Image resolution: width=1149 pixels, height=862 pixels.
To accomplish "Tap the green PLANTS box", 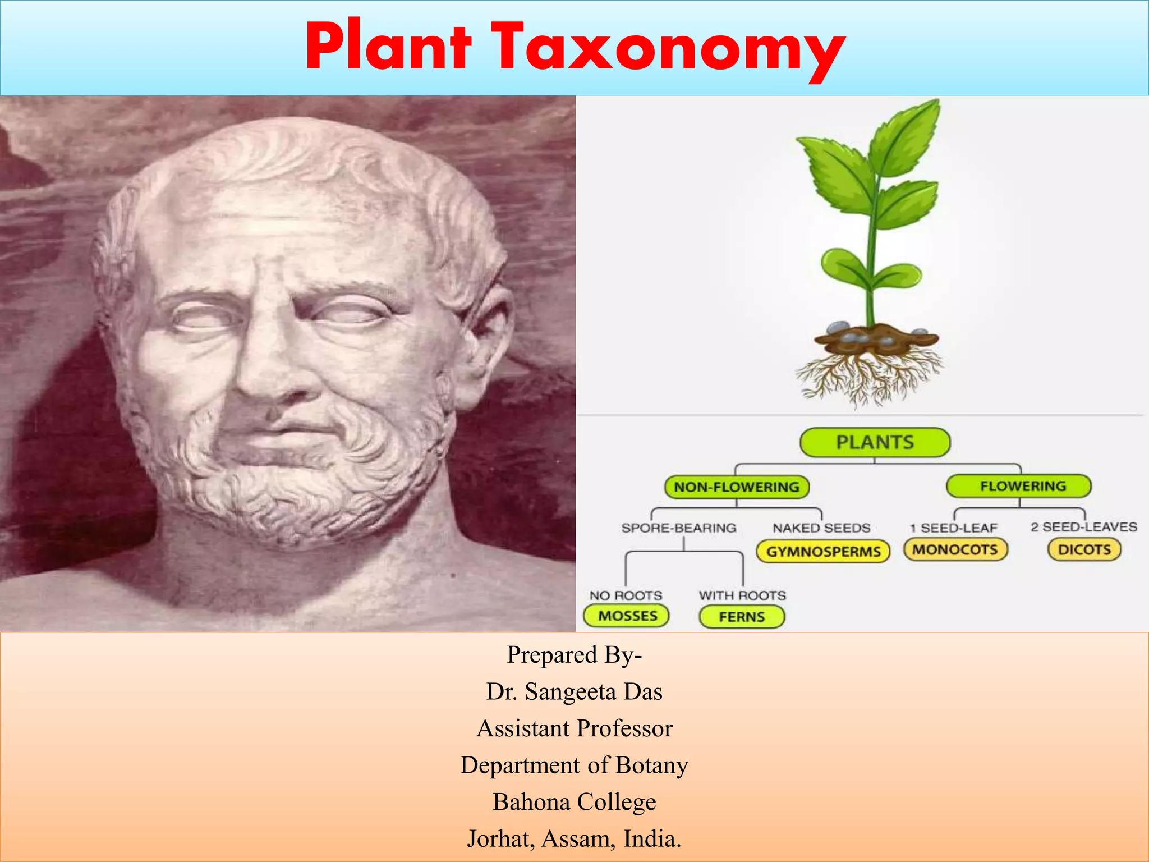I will click(875, 442).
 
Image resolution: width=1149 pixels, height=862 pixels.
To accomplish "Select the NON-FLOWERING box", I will click(736, 487).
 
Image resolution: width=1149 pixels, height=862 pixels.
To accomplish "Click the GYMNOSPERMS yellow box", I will click(823, 552).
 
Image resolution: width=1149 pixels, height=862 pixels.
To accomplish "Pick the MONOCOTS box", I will click(955, 549).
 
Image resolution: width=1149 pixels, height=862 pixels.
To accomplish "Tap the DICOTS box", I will click(1084, 549).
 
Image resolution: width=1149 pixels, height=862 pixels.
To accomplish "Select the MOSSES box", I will click(627, 616).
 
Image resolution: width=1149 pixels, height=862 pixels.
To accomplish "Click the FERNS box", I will click(742, 617).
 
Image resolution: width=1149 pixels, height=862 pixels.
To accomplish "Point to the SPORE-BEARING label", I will click(678, 528).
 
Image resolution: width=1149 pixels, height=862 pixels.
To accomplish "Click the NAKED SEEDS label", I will click(821, 528).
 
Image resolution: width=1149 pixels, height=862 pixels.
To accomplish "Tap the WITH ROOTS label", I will click(742, 595).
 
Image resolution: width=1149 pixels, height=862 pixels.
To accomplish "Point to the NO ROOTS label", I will click(626, 595).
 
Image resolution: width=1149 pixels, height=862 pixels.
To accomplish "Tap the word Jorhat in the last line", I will click(500, 839).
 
